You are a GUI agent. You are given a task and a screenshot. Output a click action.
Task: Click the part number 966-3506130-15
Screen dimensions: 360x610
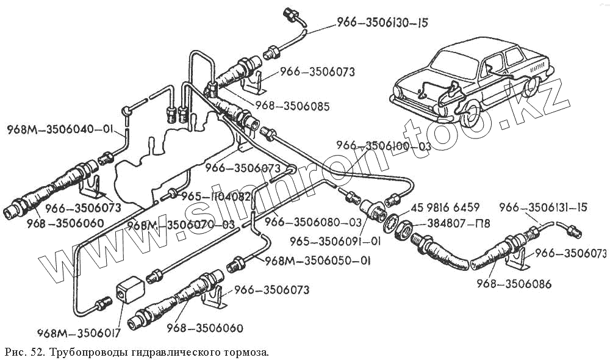pos(382,24)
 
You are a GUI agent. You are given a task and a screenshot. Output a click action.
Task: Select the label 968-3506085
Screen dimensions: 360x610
pos(292,106)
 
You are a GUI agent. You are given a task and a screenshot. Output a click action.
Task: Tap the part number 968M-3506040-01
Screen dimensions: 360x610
pos(60,129)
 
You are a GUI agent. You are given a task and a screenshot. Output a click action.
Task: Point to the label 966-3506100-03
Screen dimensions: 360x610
pos(384,146)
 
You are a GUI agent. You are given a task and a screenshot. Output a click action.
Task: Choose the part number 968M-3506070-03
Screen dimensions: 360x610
pos(181,225)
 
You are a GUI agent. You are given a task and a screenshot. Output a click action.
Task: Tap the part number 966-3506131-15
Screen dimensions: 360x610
pos(544,208)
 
